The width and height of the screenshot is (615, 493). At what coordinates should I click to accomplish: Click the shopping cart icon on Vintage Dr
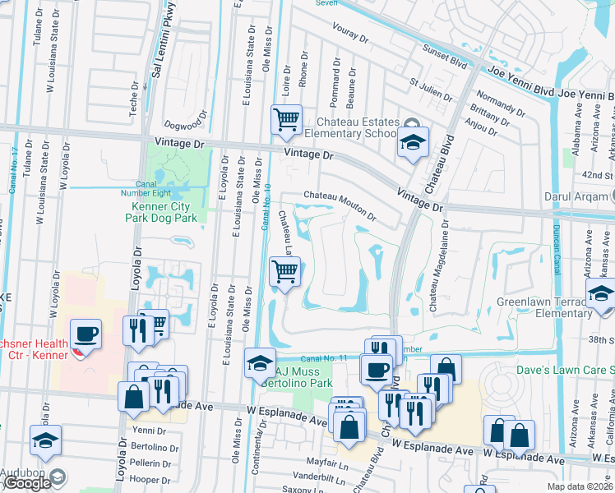tap(286, 121)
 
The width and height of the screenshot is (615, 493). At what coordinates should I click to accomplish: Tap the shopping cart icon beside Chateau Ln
tap(284, 271)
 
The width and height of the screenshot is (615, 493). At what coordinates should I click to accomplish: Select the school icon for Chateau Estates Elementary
tap(413, 141)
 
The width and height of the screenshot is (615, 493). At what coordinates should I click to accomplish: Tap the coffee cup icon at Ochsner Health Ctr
tap(86, 334)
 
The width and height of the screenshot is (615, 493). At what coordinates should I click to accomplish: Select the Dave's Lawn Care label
tap(565, 370)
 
